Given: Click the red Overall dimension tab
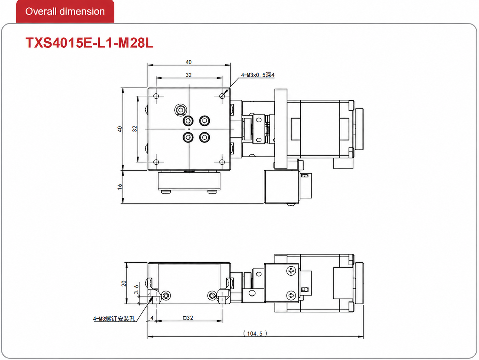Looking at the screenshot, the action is (65, 11).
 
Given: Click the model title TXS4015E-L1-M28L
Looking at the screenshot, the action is (89, 43).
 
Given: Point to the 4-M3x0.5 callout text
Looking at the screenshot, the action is (257, 75).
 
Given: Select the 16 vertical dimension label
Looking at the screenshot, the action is (120, 187).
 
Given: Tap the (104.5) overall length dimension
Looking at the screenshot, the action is (255, 334).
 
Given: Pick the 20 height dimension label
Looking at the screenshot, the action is (124, 283).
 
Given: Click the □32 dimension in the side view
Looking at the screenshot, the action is (188, 318).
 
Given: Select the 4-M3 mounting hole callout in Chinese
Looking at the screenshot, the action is (114, 319).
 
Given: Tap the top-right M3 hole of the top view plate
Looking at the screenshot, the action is (222, 96).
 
